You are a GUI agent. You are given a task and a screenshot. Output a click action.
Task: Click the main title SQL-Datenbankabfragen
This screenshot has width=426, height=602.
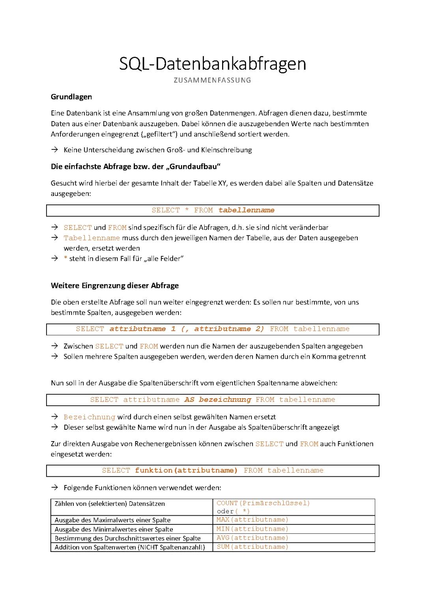pos(213,64)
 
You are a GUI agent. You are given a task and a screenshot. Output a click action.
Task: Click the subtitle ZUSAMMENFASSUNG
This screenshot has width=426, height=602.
pos(212,80)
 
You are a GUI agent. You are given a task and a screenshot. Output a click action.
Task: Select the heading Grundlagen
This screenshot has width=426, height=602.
pos(71,97)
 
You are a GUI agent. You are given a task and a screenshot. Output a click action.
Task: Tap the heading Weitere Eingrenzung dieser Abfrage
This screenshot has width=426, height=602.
pos(115,286)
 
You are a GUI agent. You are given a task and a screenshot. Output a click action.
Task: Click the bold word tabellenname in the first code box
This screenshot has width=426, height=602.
pos(246,211)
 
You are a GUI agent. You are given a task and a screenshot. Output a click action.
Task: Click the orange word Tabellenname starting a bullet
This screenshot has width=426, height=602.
pos(92,238)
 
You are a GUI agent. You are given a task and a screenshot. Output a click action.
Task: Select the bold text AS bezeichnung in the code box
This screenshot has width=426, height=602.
pos(217,400)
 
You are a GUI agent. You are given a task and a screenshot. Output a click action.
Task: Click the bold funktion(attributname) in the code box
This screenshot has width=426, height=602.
pos(186,471)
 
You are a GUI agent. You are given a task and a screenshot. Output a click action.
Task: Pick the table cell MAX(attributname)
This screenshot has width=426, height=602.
pos(252,520)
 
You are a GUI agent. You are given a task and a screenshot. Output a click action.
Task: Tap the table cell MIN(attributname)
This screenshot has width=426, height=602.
pos(252,529)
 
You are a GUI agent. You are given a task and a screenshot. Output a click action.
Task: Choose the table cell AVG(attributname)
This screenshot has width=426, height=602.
pos(252,538)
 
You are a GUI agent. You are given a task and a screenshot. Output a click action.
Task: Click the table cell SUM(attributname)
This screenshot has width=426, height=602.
pos(252,547)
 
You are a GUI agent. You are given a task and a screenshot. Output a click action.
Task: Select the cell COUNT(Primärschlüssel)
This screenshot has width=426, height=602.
pos(263,503)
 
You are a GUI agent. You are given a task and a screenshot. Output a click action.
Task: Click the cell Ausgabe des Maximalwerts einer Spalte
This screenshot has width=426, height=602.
pos(112,520)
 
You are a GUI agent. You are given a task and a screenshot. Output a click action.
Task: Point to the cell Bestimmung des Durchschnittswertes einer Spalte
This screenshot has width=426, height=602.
pos(127,539)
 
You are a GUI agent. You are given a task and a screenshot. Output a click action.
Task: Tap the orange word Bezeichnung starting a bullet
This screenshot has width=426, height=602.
pos(89,417)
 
